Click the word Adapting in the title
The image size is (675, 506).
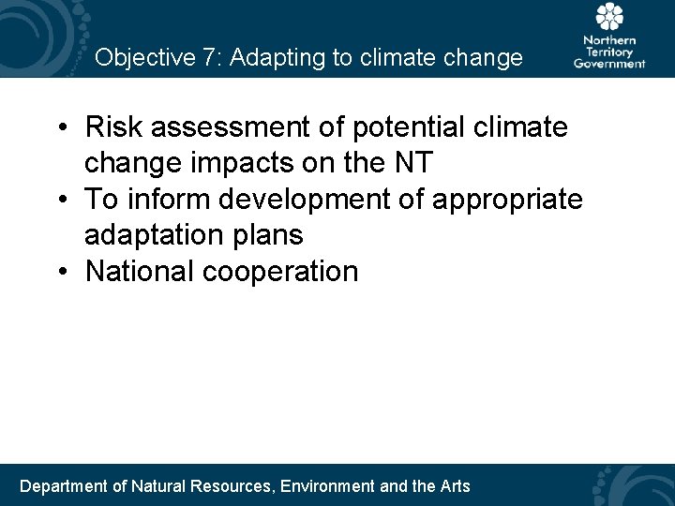[272, 58]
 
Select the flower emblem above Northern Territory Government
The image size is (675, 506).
[609, 18]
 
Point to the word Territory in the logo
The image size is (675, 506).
[609, 52]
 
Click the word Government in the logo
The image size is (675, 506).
[609, 64]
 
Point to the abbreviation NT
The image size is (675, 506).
[412, 163]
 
